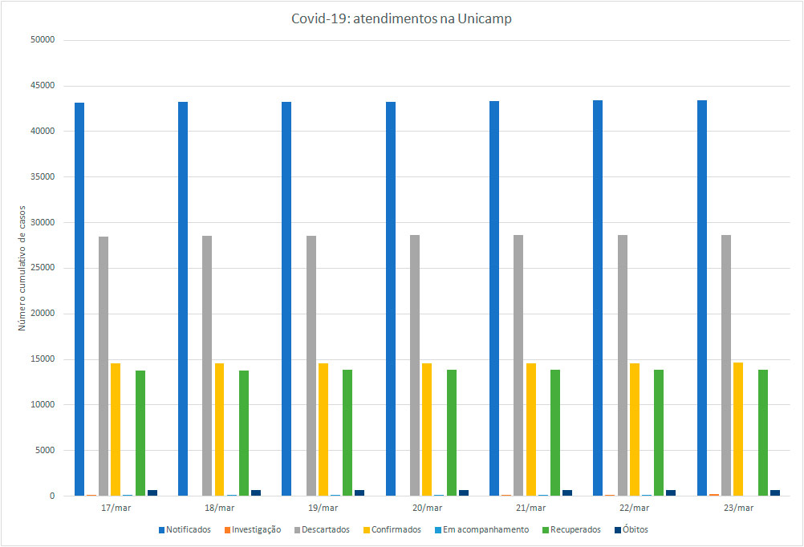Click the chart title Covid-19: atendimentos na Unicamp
401,19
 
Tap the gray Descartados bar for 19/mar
311,366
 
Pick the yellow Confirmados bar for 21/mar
530,429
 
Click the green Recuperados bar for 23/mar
762,432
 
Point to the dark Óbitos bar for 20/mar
463,492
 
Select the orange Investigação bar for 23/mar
714,494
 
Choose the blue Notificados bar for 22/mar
598,298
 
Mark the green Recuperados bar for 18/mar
243,432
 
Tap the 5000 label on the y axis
43,450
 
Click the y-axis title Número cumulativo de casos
22,267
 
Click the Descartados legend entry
324,529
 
